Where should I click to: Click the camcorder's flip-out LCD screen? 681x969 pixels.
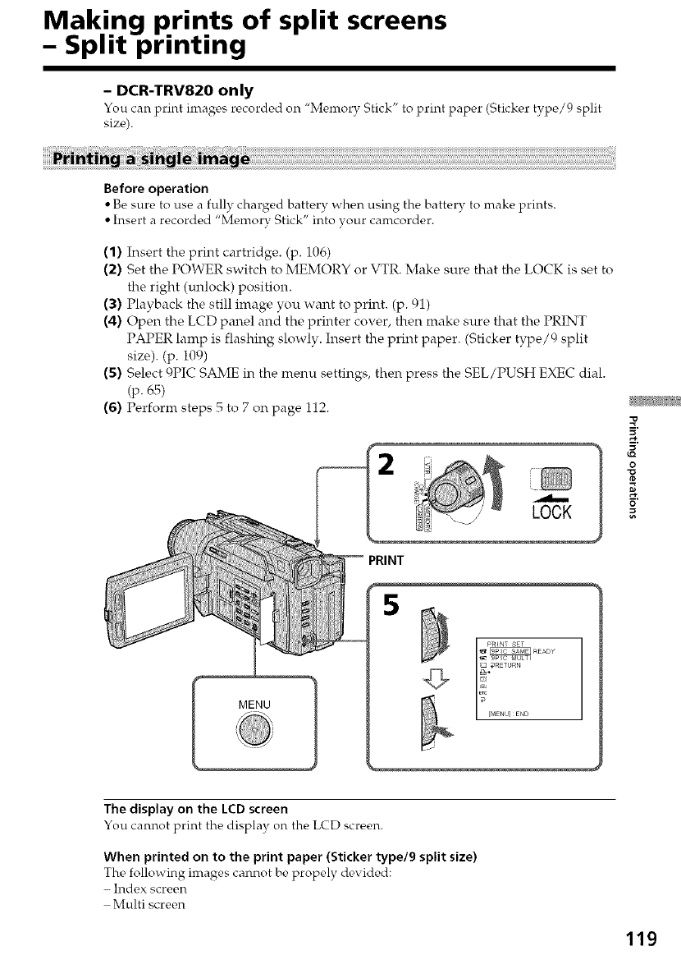(x=139, y=612)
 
